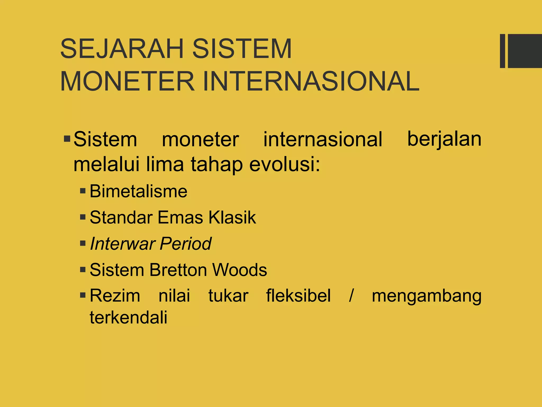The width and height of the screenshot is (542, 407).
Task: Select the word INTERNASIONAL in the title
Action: [311, 81]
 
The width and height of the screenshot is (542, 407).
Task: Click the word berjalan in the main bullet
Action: [444, 139]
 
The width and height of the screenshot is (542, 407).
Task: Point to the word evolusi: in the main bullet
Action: [285, 164]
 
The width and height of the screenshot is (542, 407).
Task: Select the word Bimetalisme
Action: [138, 191]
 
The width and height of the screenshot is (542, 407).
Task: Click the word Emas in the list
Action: [180, 218]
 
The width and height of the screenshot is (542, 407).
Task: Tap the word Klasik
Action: [232, 218]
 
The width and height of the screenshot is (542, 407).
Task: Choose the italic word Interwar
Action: [122, 244]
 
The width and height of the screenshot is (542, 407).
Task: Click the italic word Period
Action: [186, 244]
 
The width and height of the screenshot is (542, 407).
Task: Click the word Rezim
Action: [115, 296]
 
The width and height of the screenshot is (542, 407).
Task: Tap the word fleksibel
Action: [298, 296]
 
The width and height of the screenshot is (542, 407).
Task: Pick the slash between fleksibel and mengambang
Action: [351, 296]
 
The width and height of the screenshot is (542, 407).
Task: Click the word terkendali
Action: [128, 317]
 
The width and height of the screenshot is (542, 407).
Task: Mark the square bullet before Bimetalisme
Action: [83, 191]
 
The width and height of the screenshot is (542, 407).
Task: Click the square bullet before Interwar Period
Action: [83, 243]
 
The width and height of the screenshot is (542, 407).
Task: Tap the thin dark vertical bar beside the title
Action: [502, 51]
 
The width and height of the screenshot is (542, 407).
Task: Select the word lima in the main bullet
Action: [165, 164]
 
